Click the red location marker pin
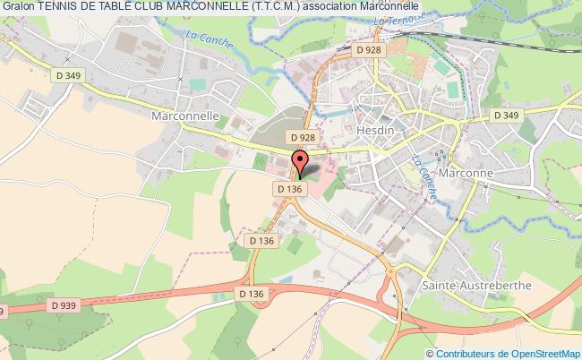pos(300,164)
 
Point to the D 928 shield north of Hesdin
pos(368,50)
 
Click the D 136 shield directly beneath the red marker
pos(288,189)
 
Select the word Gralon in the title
pos(18,7)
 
